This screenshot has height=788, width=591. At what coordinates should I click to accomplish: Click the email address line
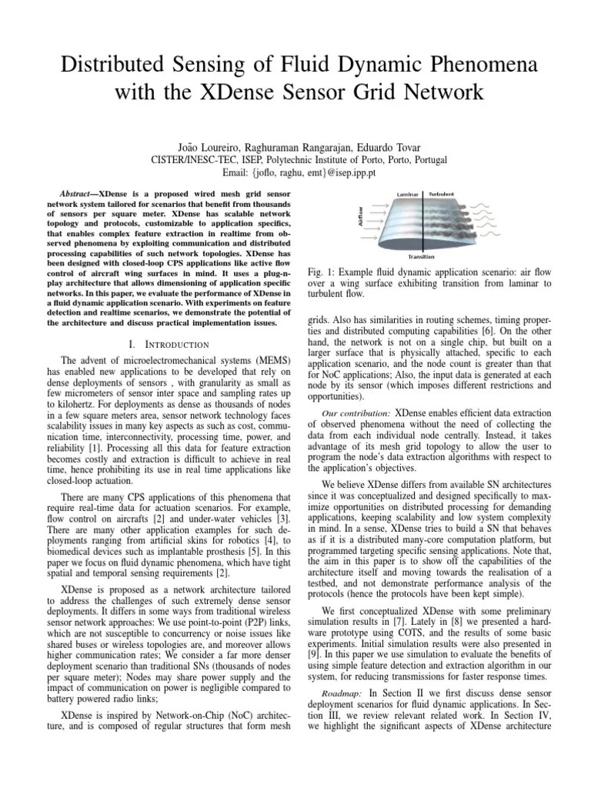[x=295, y=173]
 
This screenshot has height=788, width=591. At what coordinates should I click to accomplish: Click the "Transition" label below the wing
[x=421, y=257]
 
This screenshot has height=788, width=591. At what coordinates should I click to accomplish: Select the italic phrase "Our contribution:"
[x=353, y=412]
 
